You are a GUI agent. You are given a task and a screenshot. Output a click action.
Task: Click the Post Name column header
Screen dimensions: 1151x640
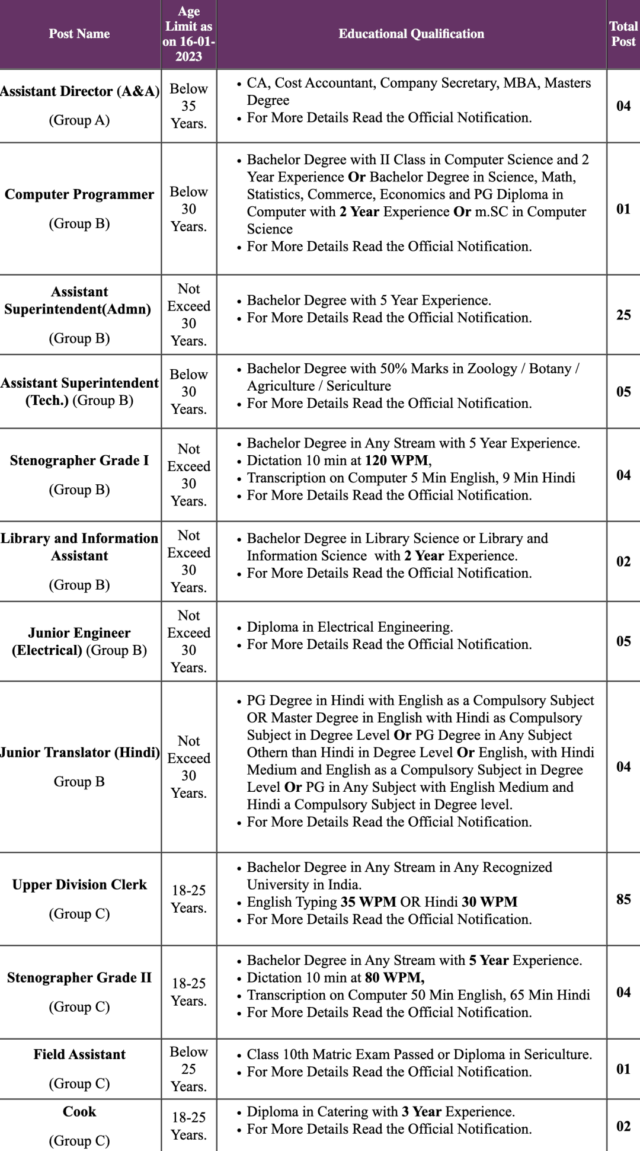(x=79, y=34)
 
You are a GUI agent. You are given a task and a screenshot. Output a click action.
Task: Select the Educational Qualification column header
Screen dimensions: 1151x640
(x=411, y=34)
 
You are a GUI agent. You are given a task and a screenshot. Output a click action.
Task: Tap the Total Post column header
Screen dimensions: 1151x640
(x=623, y=34)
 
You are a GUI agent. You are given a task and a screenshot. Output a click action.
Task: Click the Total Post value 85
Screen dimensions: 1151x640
(x=623, y=899)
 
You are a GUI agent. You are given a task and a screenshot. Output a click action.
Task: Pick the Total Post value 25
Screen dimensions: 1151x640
(x=623, y=315)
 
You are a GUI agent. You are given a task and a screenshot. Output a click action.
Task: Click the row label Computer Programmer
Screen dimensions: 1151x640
(x=79, y=194)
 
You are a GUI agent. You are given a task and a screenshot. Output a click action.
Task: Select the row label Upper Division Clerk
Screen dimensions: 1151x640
(x=79, y=885)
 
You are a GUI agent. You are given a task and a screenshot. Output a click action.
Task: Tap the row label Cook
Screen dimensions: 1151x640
(x=79, y=1111)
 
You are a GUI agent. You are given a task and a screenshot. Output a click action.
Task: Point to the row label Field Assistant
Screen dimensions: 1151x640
(x=79, y=1054)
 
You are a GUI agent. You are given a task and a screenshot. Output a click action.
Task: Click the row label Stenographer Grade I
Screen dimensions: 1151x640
(x=79, y=461)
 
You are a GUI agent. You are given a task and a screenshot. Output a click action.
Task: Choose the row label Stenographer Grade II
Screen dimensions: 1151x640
(x=79, y=977)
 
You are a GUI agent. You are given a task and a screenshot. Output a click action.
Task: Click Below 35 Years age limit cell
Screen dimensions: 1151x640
(x=188, y=106)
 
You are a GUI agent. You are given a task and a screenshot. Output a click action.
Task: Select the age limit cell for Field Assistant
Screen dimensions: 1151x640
(x=188, y=1069)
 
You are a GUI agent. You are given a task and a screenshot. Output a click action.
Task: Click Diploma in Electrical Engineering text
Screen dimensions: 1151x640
(x=350, y=627)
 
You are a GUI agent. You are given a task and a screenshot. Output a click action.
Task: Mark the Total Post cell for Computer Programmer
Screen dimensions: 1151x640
(x=623, y=209)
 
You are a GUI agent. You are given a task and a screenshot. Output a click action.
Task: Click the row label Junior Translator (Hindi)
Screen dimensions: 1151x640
(x=79, y=753)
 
